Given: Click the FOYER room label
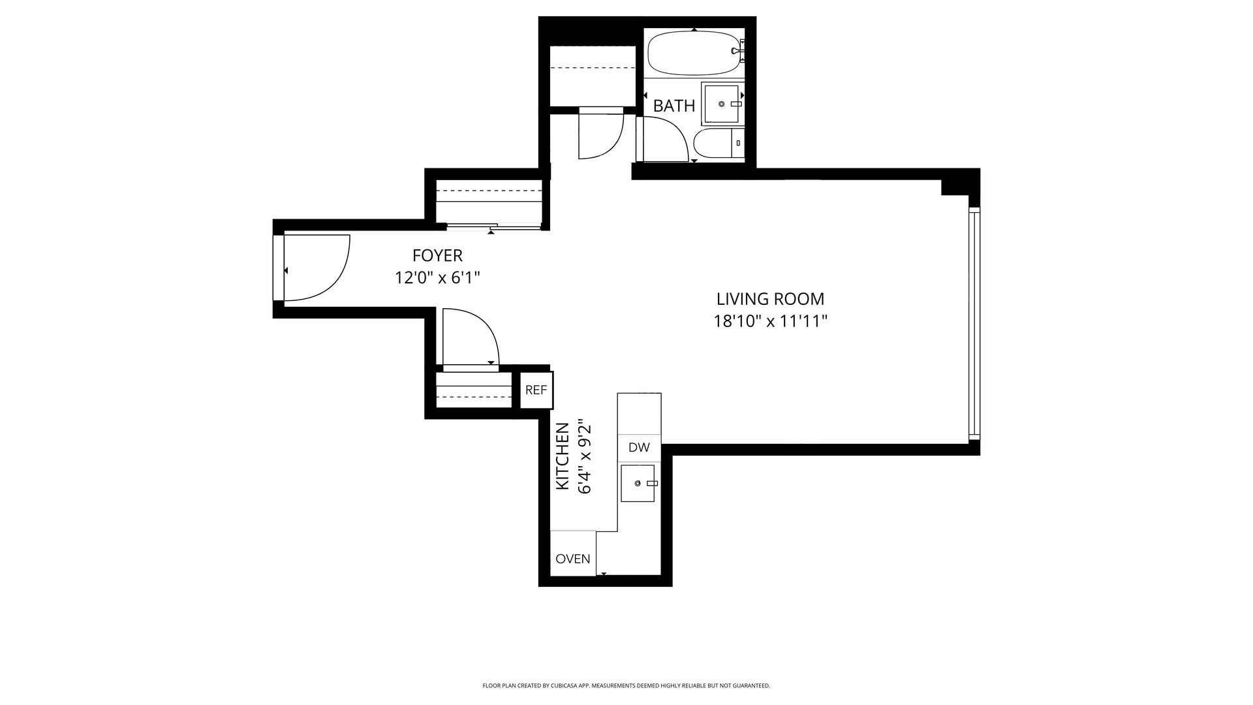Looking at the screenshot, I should pyautogui.click(x=437, y=255).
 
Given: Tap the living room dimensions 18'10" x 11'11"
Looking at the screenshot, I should pyautogui.click(x=770, y=321).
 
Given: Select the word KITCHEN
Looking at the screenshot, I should pyautogui.click(x=562, y=456).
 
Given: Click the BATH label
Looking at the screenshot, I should pyautogui.click(x=673, y=106).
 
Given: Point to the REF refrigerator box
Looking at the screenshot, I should pyautogui.click(x=536, y=390).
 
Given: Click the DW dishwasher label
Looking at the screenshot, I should pyautogui.click(x=639, y=448).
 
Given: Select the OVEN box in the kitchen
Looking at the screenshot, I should pyautogui.click(x=573, y=559).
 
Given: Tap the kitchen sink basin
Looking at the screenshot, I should pyautogui.click(x=637, y=483).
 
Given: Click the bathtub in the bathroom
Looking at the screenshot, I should pyautogui.click(x=694, y=54).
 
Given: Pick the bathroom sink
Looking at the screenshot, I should pyautogui.click(x=721, y=104).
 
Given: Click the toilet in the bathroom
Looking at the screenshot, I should pyautogui.click(x=718, y=144).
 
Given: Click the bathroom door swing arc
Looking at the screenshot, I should pyautogui.click(x=662, y=139).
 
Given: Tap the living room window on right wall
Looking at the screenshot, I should pyautogui.click(x=974, y=324).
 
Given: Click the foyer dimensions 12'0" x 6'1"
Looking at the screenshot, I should pyautogui.click(x=437, y=278).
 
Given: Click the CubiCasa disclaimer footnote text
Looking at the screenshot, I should pyautogui.click(x=626, y=685).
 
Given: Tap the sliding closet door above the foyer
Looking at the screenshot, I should pyautogui.click(x=493, y=227).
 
